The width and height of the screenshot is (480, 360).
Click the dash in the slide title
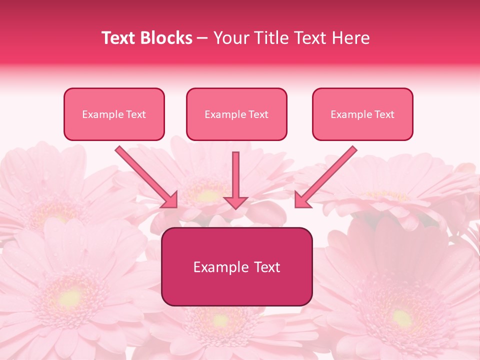point(202,38)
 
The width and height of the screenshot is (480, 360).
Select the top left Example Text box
point(114,114)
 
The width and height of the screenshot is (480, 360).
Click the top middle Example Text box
point(236,114)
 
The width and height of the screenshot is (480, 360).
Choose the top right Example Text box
point(362,114)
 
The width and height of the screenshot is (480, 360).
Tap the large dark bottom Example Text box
point(236,266)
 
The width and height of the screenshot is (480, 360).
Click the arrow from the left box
point(145,175)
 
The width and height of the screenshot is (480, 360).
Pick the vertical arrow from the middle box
point(235,177)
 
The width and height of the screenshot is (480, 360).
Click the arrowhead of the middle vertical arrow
point(235,201)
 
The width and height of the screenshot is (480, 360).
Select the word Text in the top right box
point(384,114)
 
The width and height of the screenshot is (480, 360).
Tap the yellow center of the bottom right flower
point(400,317)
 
